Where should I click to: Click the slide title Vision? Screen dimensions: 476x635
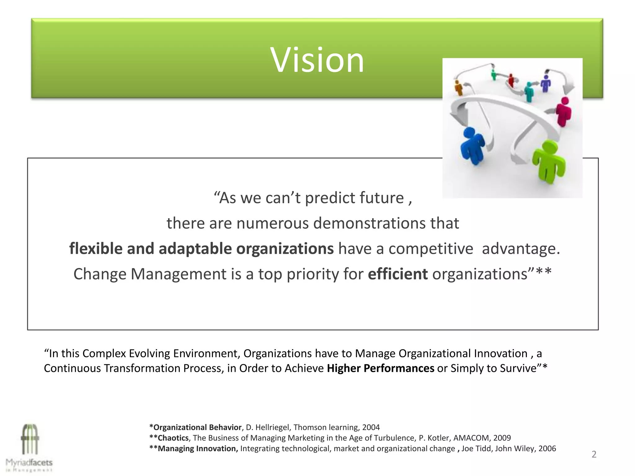(x=317, y=60)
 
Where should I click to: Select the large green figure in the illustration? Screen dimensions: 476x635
(x=548, y=161)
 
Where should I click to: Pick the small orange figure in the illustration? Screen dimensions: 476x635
(x=458, y=87)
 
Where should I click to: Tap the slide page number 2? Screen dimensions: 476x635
(x=594, y=454)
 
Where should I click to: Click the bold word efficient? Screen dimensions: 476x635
(x=397, y=274)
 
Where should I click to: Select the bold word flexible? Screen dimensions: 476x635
(x=96, y=249)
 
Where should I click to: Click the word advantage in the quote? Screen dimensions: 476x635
(x=521, y=249)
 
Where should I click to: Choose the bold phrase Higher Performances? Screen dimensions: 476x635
(x=380, y=368)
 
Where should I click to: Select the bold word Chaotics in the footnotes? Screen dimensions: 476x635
(x=173, y=438)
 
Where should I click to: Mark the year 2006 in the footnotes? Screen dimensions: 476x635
(x=547, y=448)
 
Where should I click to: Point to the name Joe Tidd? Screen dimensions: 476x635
(x=476, y=448)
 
